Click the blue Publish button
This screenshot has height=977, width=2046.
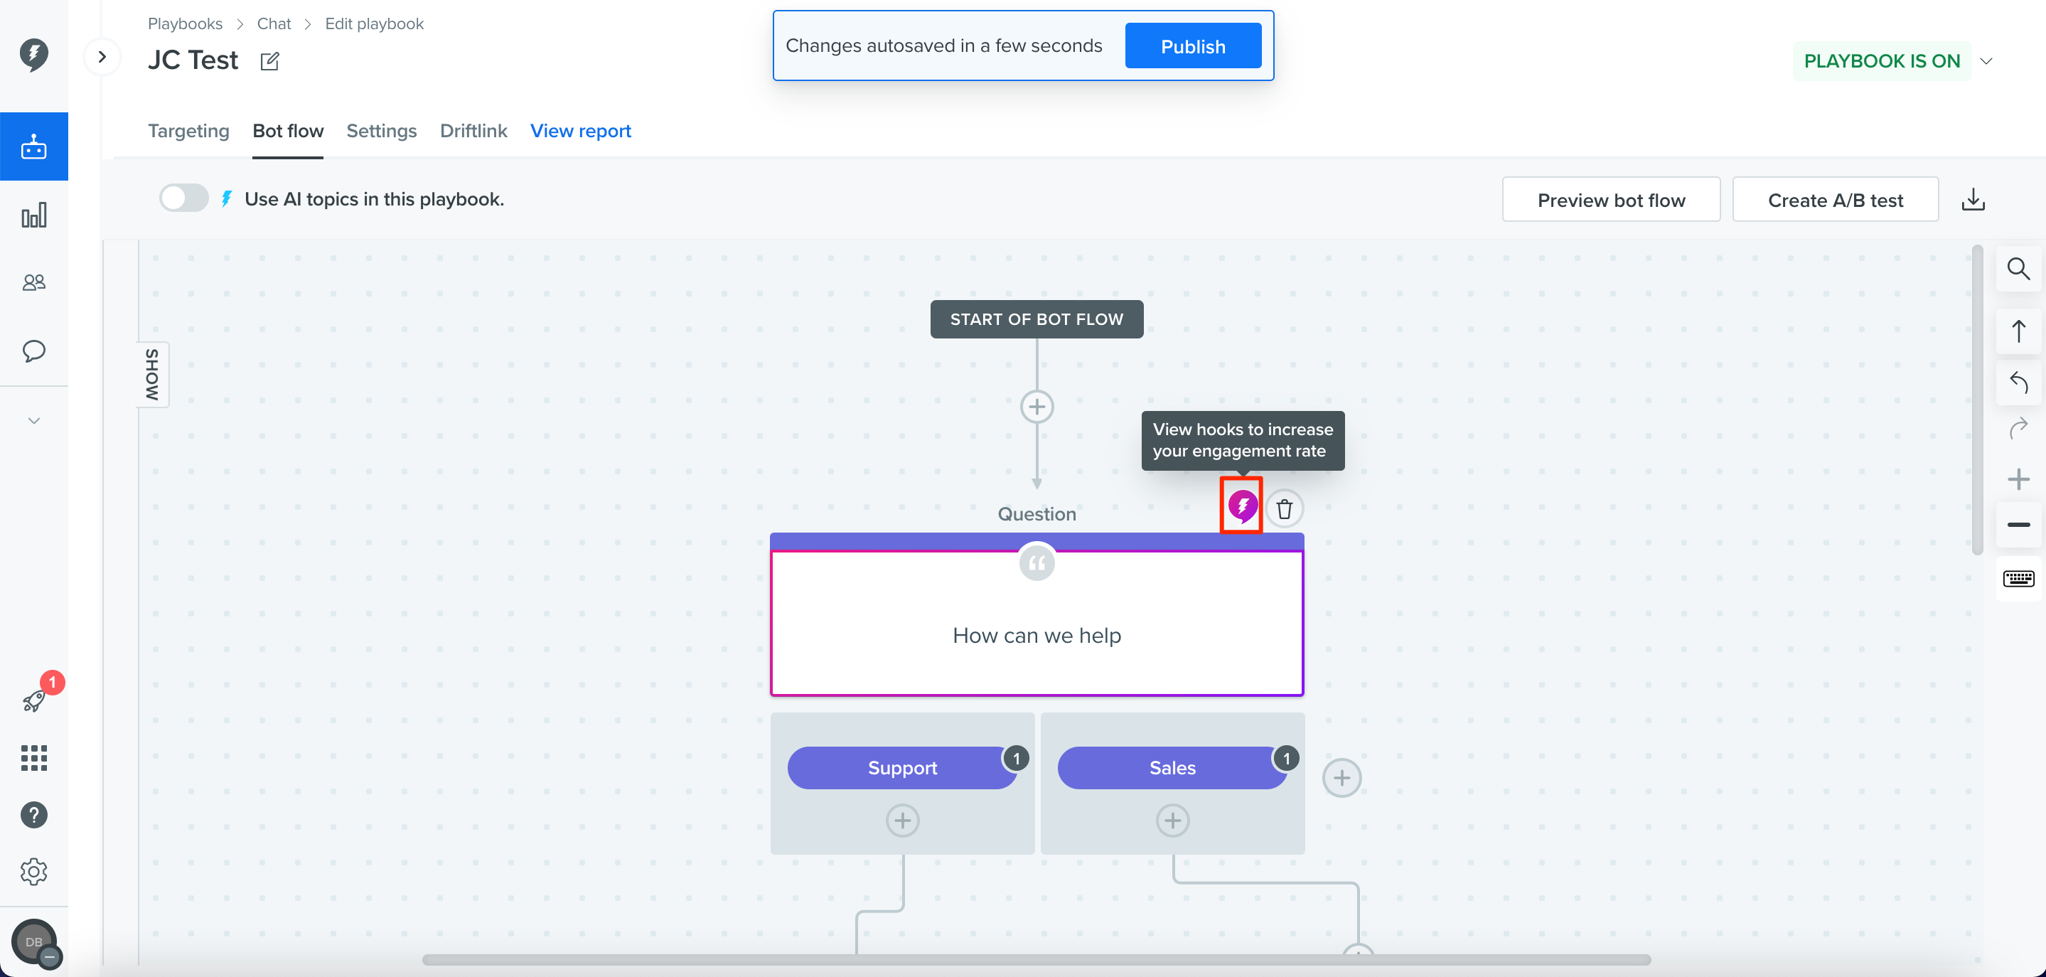click(1193, 46)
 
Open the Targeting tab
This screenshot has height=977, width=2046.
click(188, 131)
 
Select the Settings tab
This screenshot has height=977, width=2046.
click(381, 131)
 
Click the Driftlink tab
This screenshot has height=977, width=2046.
click(473, 131)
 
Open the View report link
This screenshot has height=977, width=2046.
click(581, 131)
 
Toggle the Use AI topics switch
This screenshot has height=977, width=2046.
click(184, 198)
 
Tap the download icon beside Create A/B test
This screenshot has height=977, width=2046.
click(1973, 199)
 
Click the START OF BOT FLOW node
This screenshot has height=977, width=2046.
click(1037, 319)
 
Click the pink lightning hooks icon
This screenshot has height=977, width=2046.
click(1242, 505)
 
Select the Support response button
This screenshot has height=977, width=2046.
click(902, 768)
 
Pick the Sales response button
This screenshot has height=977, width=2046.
click(1172, 768)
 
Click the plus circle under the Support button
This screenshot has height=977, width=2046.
click(902, 821)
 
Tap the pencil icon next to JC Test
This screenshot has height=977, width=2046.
click(270, 61)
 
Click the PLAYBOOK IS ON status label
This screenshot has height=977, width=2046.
click(1882, 61)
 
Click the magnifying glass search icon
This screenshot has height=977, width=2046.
click(2018, 269)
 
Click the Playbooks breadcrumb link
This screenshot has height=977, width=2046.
click(185, 24)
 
